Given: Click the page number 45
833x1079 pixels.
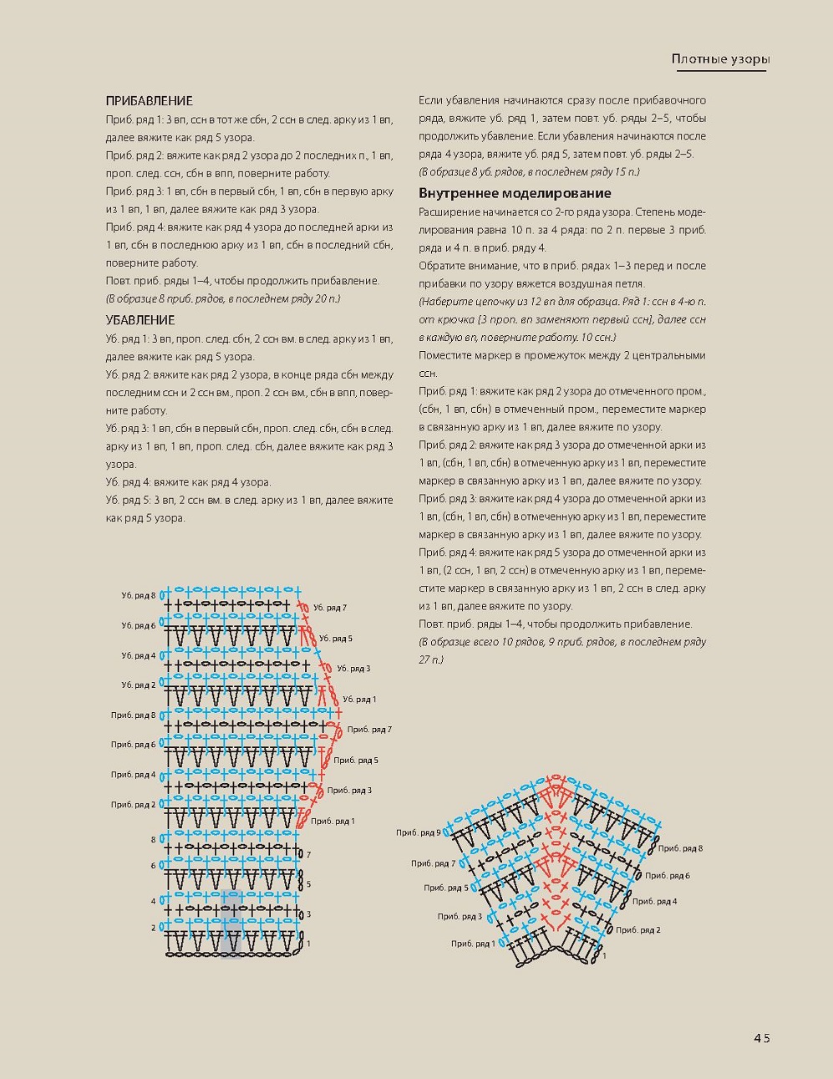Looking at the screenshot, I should [760, 1038].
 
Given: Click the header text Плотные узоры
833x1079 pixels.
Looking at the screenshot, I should [720, 59].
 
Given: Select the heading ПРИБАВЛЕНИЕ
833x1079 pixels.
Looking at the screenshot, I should [150, 101].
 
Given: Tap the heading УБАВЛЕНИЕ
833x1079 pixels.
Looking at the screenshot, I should [140, 320].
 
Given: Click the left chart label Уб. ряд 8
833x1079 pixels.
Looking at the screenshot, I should [138, 596].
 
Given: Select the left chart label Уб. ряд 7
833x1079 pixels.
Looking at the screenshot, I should [330, 608].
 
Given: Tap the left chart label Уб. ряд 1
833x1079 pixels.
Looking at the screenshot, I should [359, 700].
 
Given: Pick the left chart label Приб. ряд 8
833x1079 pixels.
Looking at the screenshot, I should [133, 715].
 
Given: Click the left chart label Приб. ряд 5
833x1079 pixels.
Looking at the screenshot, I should [356, 761].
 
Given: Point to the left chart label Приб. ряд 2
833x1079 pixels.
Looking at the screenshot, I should [133, 805].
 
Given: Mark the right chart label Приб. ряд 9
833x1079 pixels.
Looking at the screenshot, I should [418, 832].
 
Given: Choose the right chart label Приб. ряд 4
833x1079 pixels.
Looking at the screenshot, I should [654, 902].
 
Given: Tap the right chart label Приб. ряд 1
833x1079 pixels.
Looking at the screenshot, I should [473, 944].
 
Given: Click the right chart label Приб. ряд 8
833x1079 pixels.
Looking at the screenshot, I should [680, 848].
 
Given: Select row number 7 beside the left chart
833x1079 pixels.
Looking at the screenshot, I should [308, 855].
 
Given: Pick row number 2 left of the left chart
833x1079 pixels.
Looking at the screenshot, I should [153, 928].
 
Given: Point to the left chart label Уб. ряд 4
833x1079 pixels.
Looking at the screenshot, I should [138, 656].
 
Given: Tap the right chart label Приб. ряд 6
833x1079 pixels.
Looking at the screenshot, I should [668, 876].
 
